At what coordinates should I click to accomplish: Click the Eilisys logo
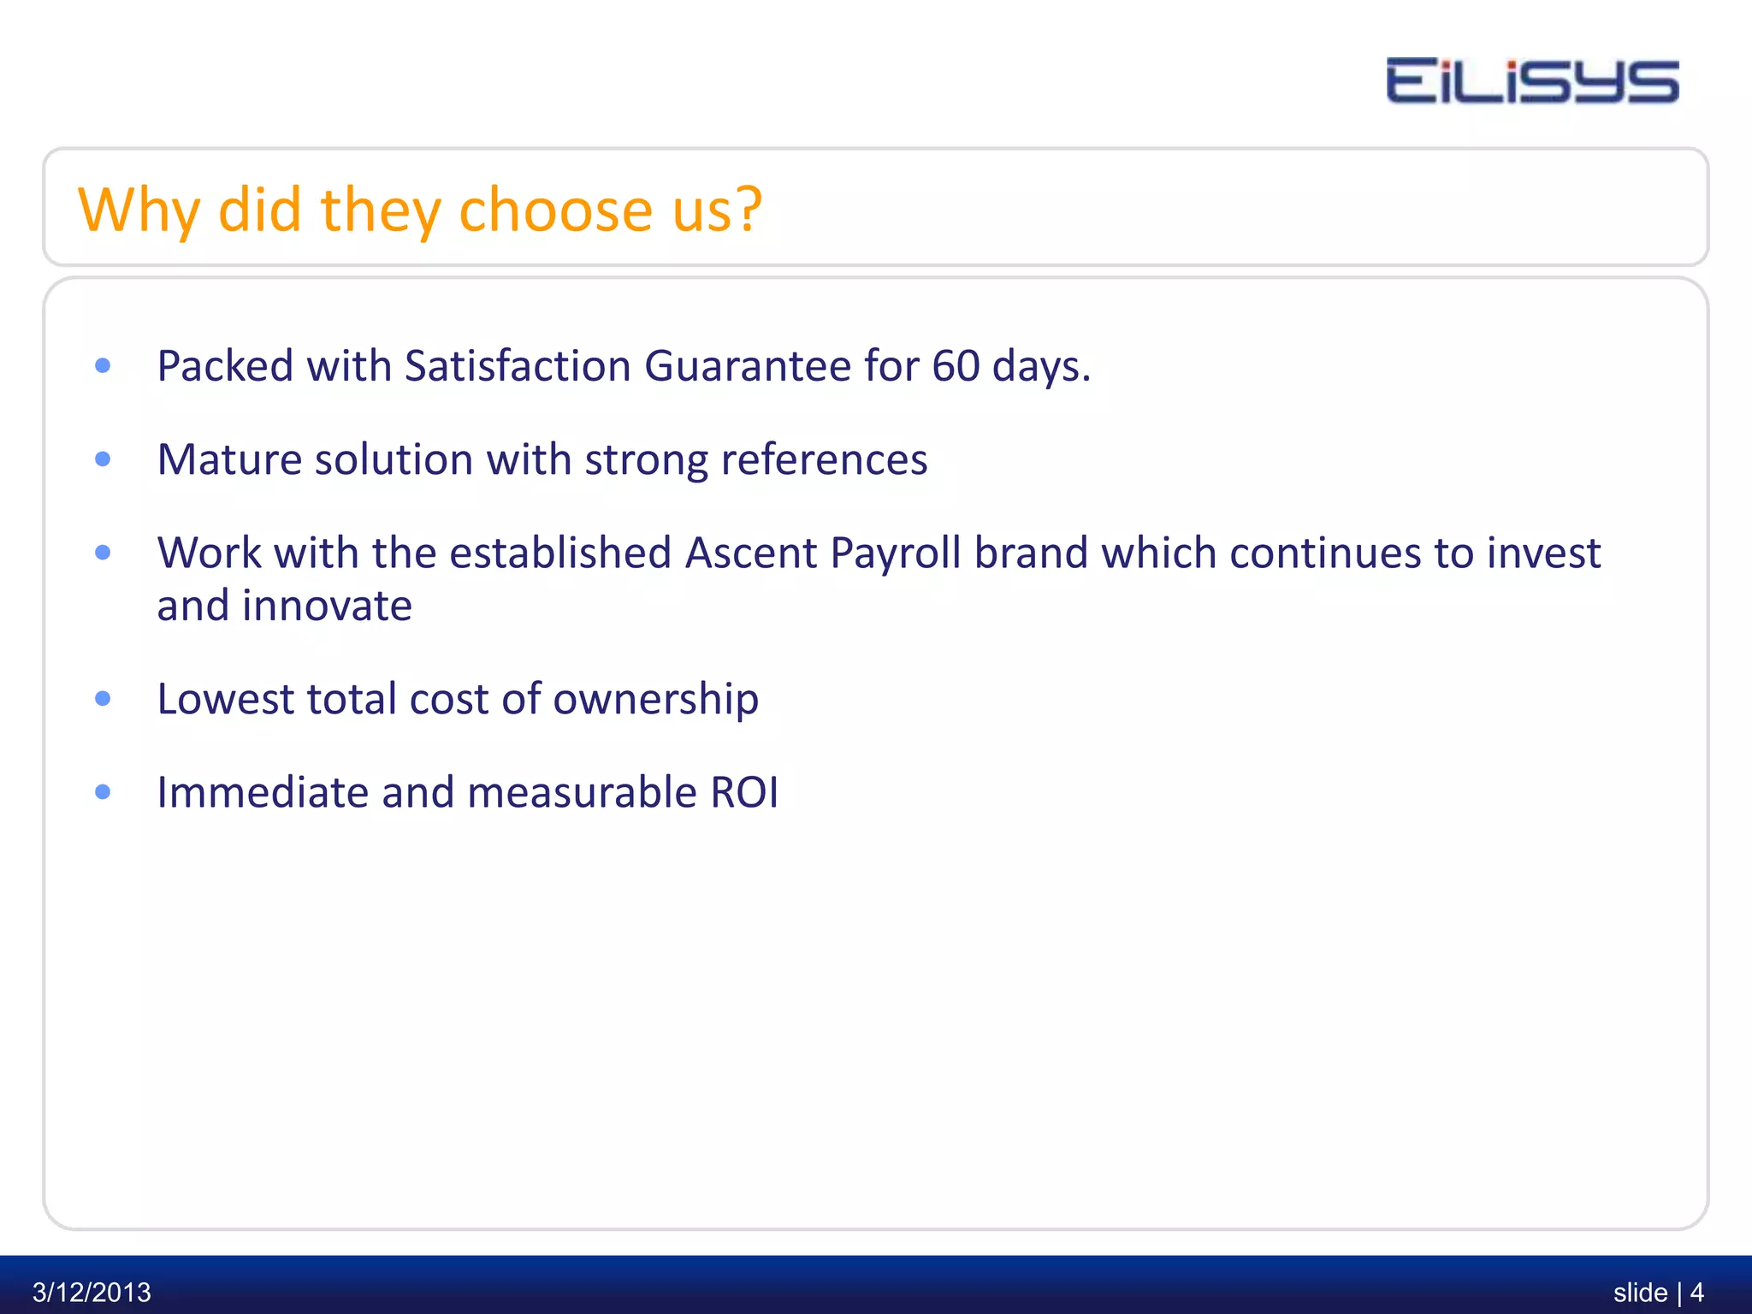[x=1531, y=81]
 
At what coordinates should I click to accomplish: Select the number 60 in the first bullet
[x=955, y=366]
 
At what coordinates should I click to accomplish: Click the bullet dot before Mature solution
[x=103, y=459]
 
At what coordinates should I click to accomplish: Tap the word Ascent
[x=750, y=553]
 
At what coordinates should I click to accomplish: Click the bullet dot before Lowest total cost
[x=103, y=699]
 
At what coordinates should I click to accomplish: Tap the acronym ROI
[x=744, y=792]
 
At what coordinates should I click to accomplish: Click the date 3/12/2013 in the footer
[x=92, y=1291]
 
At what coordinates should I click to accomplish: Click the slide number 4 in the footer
[x=1696, y=1291]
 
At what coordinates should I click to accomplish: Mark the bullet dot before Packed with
[x=103, y=366]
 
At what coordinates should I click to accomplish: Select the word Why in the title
[x=139, y=210]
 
